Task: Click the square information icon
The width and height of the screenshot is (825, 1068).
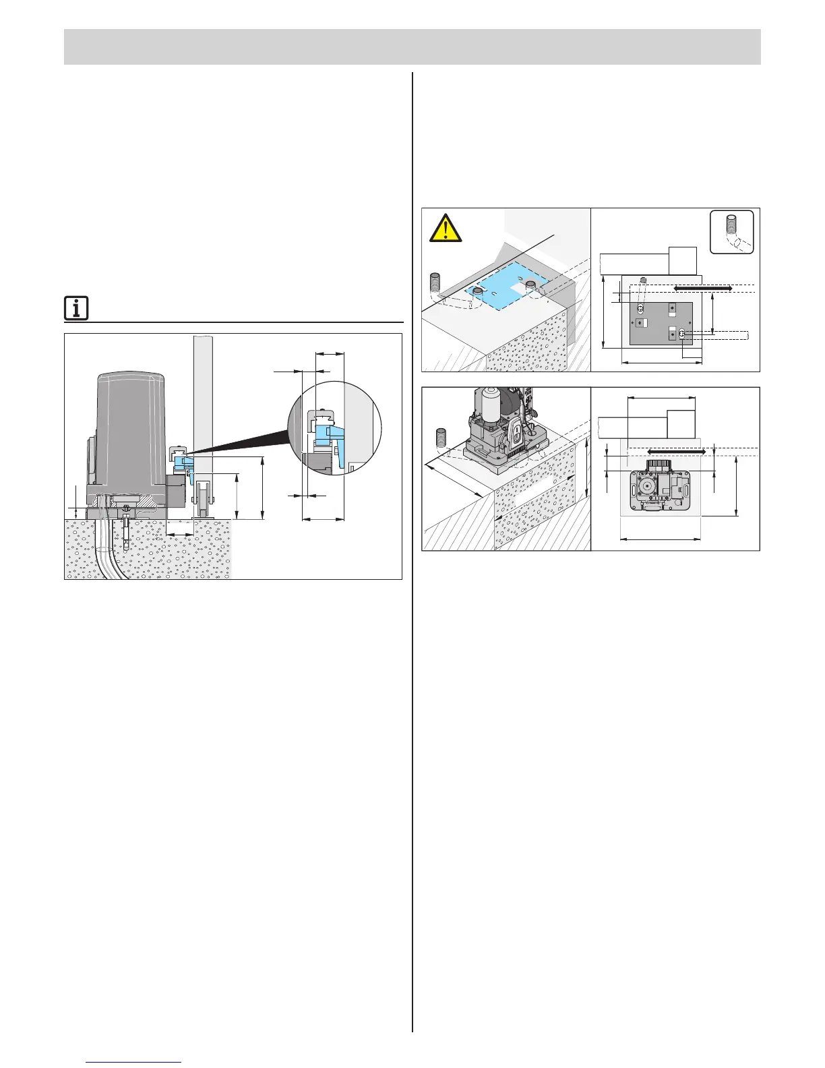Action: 76,309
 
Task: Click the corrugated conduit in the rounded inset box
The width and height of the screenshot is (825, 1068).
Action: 732,233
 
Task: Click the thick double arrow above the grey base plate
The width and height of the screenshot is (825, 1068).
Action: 703,288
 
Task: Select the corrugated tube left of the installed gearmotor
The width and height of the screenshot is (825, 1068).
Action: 442,439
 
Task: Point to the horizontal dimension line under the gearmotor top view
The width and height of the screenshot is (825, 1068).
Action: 660,539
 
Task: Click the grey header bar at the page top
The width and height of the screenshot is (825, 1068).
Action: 412,47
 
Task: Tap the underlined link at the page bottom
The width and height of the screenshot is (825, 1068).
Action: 134,1062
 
